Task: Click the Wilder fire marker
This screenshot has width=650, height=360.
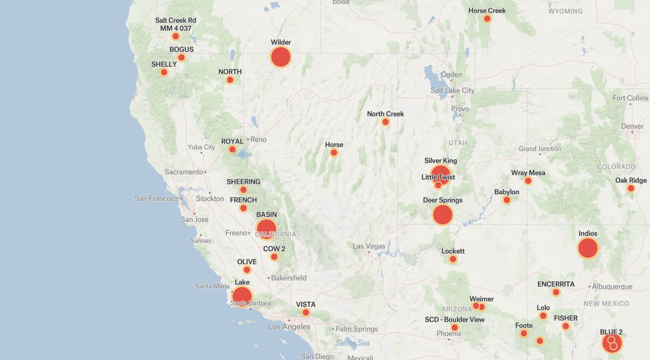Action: click(x=281, y=57)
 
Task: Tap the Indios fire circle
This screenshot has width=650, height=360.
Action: click(x=588, y=248)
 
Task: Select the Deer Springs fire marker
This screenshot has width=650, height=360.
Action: click(x=443, y=215)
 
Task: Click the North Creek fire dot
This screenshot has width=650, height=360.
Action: click(x=385, y=122)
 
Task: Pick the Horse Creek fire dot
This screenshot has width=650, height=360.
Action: click(x=487, y=19)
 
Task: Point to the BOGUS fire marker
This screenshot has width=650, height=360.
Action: click(x=181, y=58)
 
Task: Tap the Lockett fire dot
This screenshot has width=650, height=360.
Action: click(x=453, y=259)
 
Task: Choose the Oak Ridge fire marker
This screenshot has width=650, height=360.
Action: click(x=631, y=188)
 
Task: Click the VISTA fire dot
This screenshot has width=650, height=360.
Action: click(x=305, y=313)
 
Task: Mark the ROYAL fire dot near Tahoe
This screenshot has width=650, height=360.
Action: click(x=232, y=150)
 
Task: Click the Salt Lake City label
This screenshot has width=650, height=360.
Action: click(x=452, y=90)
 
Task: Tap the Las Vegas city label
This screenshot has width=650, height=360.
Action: click(x=369, y=246)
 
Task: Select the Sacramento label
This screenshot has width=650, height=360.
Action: click(x=184, y=172)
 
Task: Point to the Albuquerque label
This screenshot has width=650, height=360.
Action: click(x=612, y=287)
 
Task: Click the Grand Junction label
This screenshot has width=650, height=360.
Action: click(x=540, y=149)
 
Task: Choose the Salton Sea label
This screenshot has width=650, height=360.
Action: click(x=352, y=343)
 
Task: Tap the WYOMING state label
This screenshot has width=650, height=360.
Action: click(x=565, y=11)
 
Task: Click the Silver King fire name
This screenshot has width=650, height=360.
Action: click(x=440, y=161)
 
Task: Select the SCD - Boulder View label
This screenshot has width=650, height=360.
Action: click(x=454, y=320)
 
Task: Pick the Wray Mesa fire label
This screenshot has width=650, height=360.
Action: click(x=528, y=173)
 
